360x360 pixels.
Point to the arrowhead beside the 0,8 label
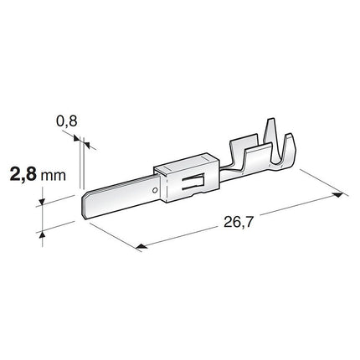tap(91, 147)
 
